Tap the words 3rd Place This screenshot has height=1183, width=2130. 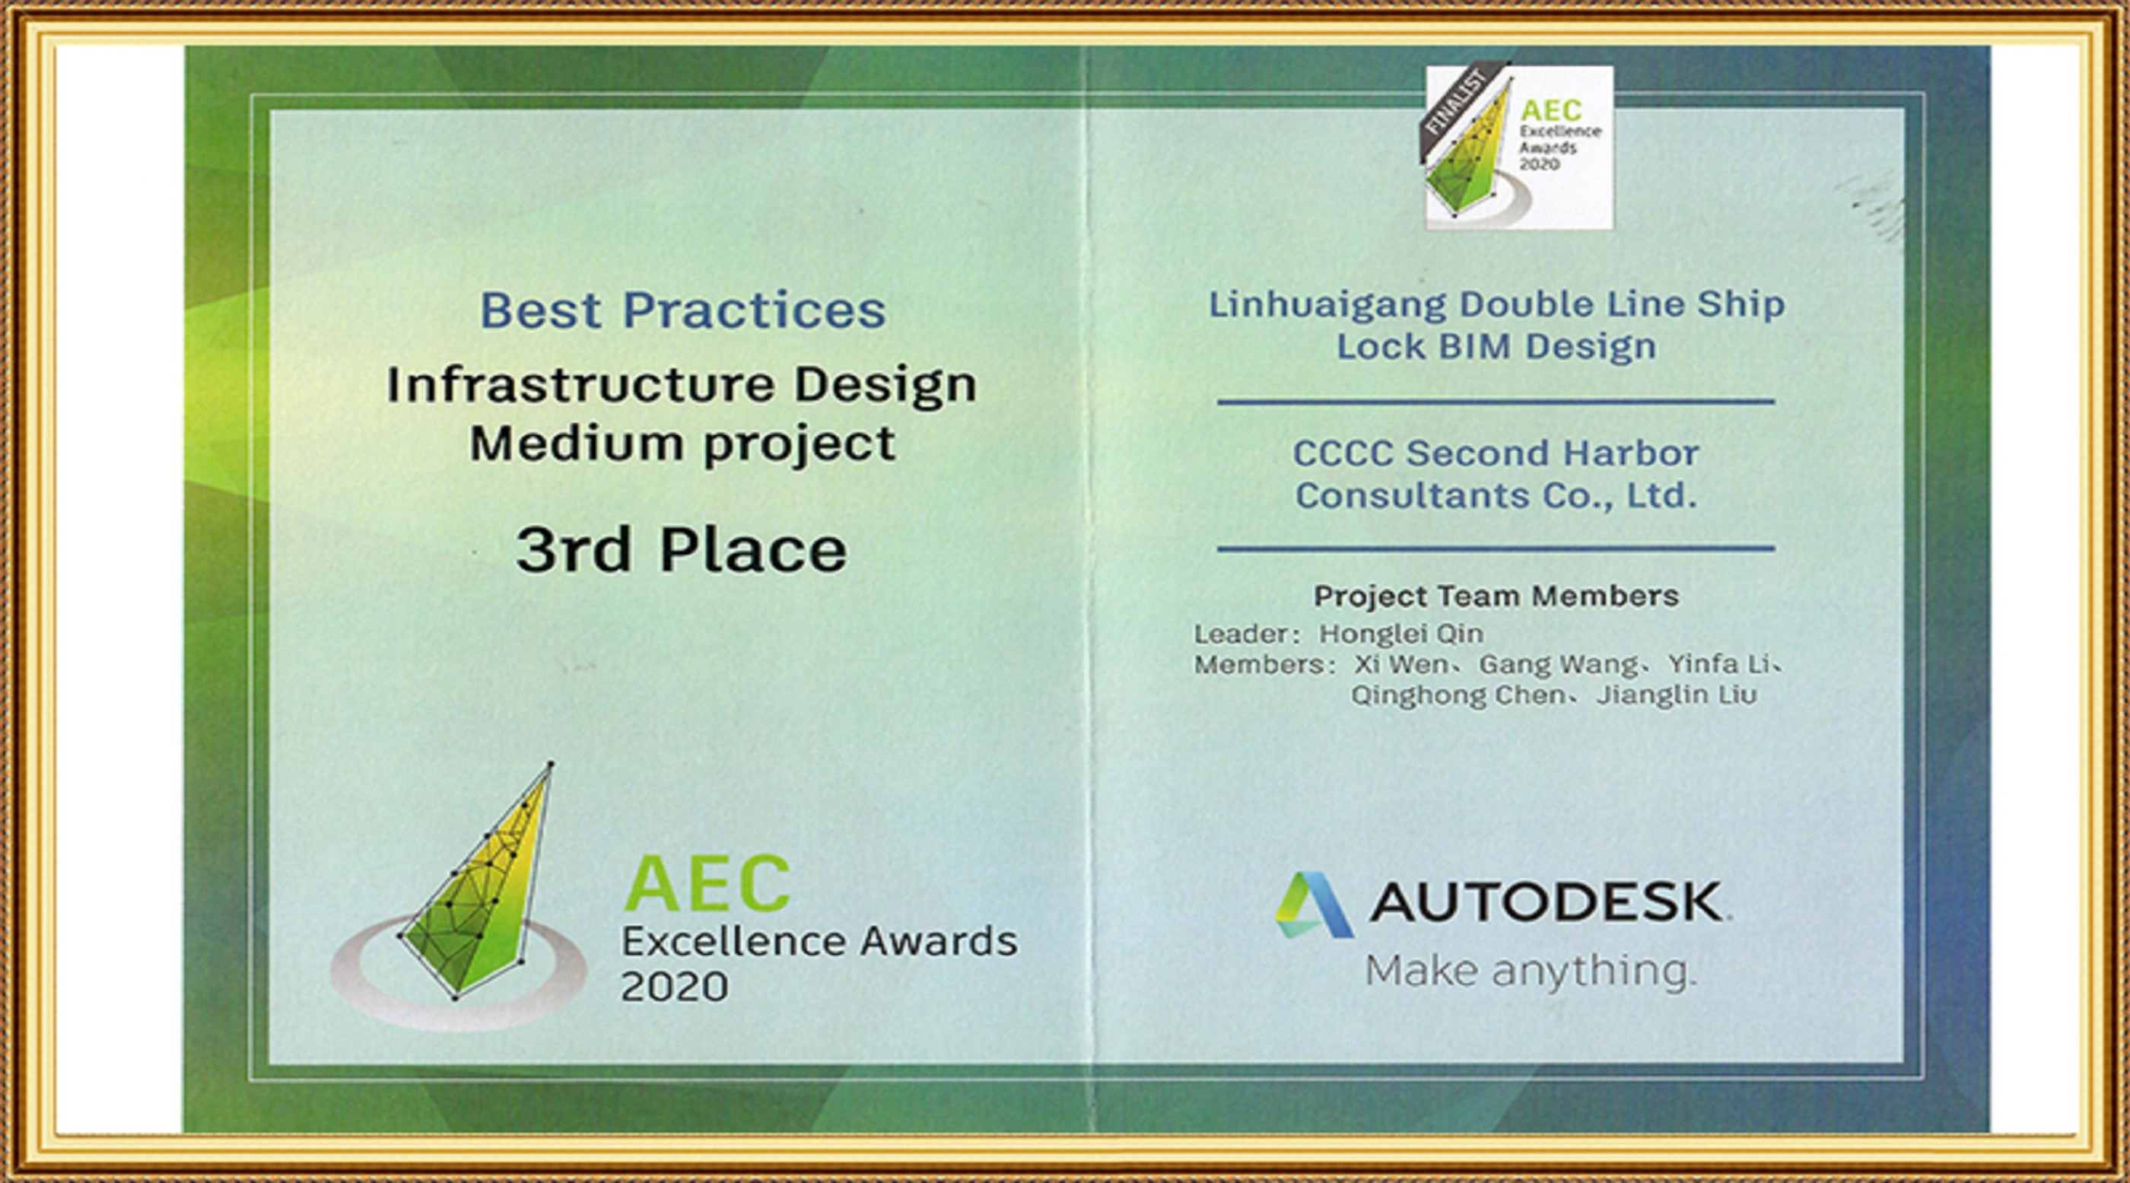pyautogui.click(x=682, y=551)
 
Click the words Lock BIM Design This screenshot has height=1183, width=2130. pyautogui.click(x=1496, y=347)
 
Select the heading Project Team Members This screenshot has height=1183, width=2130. pyautogui.click(x=1496, y=596)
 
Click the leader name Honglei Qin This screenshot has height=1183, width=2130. pyautogui.click(x=1400, y=634)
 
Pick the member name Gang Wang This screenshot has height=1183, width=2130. pyautogui.click(x=1558, y=665)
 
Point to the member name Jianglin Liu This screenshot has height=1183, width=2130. pyautogui.click(x=1676, y=695)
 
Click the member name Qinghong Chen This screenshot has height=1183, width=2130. pyautogui.click(x=1458, y=696)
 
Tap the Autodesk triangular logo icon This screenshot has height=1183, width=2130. pyautogui.click(x=1314, y=905)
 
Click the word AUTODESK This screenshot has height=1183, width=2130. pyautogui.click(x=1547, y=903)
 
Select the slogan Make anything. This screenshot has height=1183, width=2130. pyautogui.click(x=1530, y=972)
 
